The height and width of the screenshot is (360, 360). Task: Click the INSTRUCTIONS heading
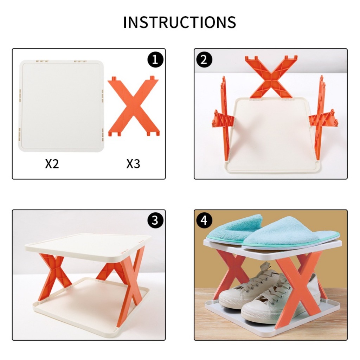coord(180,22)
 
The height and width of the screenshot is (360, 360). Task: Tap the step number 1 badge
coord(155,60)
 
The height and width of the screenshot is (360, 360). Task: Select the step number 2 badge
coord(204,60)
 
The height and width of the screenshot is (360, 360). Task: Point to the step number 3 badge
coord(155,220)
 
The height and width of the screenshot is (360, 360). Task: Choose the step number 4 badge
coord(204,220)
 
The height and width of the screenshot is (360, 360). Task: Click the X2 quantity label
coord(52,164)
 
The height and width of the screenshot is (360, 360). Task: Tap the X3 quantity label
coord(133,164)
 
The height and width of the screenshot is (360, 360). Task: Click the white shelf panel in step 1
coord(61,105)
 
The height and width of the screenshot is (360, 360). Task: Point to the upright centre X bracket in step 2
coord(271,77)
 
